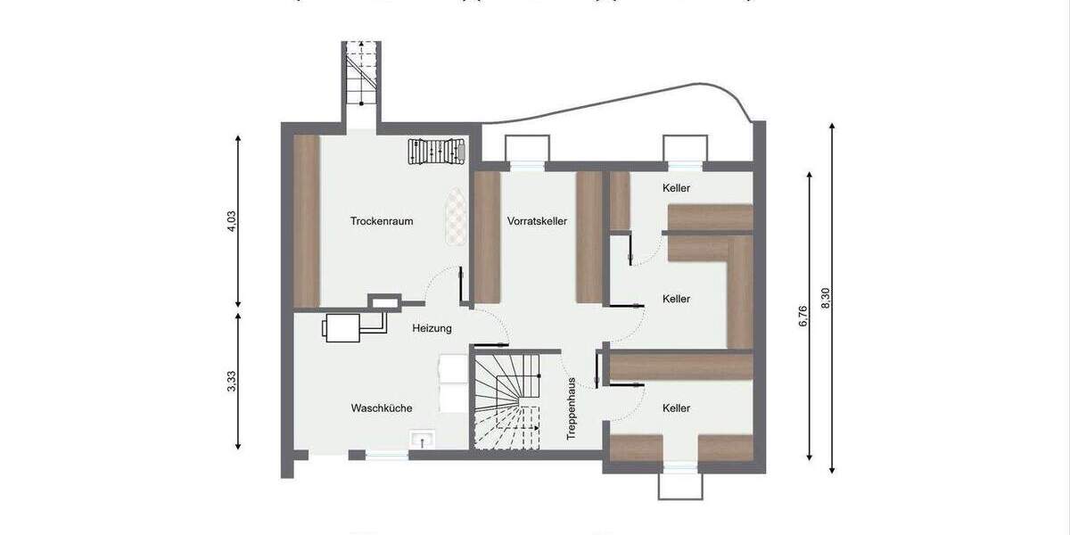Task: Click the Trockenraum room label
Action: tap(382, 221)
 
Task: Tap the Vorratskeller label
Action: tap(538, 221)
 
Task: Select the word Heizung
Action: tap(432, 328)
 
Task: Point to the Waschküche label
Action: tap(381, 408)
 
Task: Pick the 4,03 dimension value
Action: tap(232, 221)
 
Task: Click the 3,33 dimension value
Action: tap(232, 382)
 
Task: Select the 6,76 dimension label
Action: tap(802, 317)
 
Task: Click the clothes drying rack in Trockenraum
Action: tap(437, 152)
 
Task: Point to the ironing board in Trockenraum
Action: tap(456, 218)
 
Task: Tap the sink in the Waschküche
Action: tap(421, 439)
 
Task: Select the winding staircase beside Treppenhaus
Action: tap(506, 401)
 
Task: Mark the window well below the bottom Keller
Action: tap(679, 485)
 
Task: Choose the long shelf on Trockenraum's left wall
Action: tap(307, 220)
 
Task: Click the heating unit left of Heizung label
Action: tap(342, 327)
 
